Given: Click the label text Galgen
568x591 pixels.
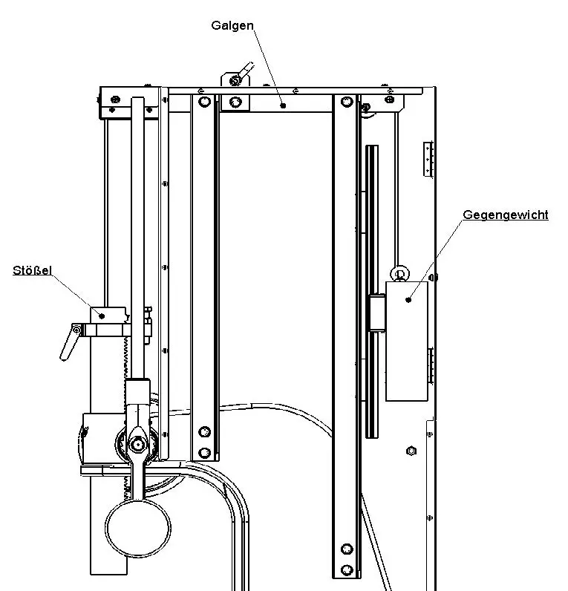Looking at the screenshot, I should pyautogui.click(x=232, y=25).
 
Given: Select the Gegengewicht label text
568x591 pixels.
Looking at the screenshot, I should pyautogui.click(x=505, y=215).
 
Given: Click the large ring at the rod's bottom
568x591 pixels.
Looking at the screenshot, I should pyautogui.click(x=135, y=528).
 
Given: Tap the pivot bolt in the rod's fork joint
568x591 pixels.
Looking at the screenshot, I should pyautogui.click(x=137, y=444).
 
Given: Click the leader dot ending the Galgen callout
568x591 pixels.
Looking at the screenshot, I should pyautogui.click(x=283, y=106).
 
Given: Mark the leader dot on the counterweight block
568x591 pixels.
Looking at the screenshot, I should pyautogui.click(x=408, y=299).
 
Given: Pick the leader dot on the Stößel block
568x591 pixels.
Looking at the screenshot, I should pyautogui.click(x=102, y=315).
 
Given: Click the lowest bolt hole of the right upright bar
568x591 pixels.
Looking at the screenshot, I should pyautogui.click(x=346, y=570).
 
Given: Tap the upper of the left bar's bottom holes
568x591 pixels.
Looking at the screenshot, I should pyautogui.click(x=204, y=431).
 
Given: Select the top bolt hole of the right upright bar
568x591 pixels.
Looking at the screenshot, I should pyautogui.click(x=345, y=101).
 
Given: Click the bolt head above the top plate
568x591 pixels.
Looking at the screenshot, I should pyautogui.click(x=234, y=79).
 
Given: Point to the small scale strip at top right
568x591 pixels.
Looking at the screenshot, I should pyautogui.click(x=428, y=159).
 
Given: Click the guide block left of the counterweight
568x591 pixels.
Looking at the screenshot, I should pyautogui.click(x=376, y=313).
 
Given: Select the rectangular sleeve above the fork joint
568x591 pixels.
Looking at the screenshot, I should pyautogui.click(x=137, y=391).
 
